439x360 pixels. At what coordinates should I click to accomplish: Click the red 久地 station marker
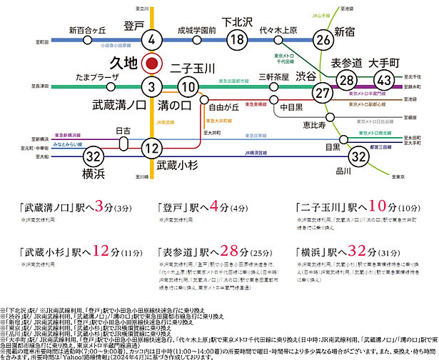click(x=151, y=63)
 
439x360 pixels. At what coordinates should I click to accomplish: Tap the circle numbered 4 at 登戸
click(x=151, y=40)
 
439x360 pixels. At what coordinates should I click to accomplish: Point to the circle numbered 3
click(x=151, y=86)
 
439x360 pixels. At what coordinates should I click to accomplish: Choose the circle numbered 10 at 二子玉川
click(x=188, y=86)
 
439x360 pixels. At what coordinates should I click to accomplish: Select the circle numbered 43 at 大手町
click(x=384, y=80)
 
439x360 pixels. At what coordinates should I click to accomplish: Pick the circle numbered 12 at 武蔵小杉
click(x=151, y=149)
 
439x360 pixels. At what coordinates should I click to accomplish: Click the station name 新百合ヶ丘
click(x=88, y=31)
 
